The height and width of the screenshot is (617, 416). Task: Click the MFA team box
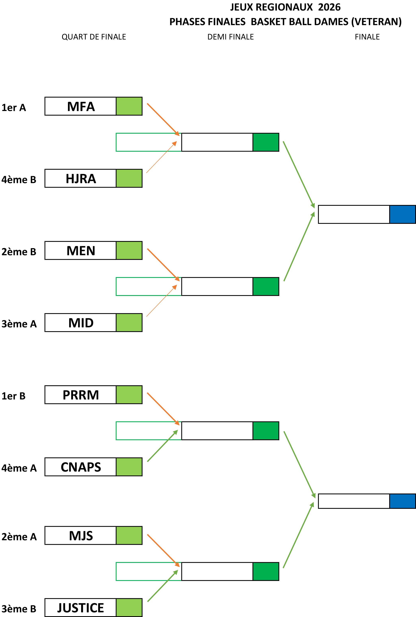(x=80, y=106)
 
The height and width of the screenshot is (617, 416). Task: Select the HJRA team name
(x=81, y=178)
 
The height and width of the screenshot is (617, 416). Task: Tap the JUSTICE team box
(x=80, y=607)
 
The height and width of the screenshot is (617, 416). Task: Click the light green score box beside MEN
(x=129, y=250)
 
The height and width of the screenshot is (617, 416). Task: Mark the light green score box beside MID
(x=129, y=323)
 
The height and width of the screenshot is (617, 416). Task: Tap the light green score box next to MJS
(x=129, y=535)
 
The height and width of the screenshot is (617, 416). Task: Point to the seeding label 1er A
(x=14, y=108)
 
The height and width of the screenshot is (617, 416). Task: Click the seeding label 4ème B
(x=19, y=180)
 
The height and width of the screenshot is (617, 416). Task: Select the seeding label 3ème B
(x=19, y=609)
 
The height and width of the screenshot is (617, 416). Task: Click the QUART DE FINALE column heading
(x=94, y=37)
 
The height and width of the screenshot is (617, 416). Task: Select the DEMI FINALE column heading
(x=231, y=37)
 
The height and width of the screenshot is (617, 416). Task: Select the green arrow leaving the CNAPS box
(x=163, y=446)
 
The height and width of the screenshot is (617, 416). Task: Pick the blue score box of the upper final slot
(x=402, y=214)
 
